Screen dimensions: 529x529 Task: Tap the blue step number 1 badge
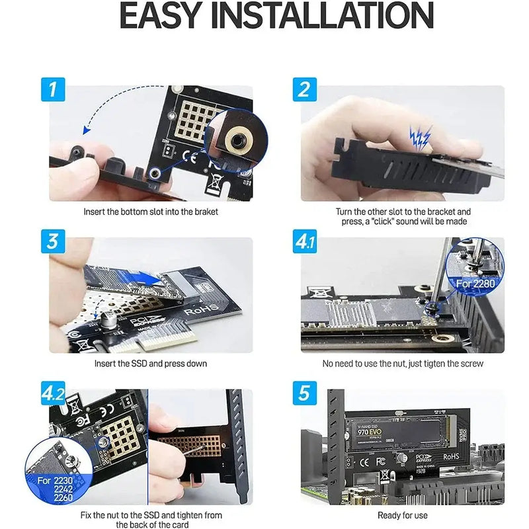click(x=54, y=89)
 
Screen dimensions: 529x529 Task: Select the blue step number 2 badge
click(x=304, y=89)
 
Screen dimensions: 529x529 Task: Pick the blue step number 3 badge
click(x=54, y=241)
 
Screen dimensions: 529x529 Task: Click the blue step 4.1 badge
click(x=304, y=241)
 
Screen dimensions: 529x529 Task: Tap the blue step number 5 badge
click(x=304, y=393)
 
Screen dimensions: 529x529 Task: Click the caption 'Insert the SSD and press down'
click(x=151, y=364)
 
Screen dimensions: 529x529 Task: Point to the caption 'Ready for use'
click(x=402, y=515)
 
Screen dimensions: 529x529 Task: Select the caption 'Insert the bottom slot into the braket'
click(x=151, y=212)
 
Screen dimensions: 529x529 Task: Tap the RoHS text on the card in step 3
click(x=198, y=309)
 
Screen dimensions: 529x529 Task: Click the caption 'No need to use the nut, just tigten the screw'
click(x=402, y=364)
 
